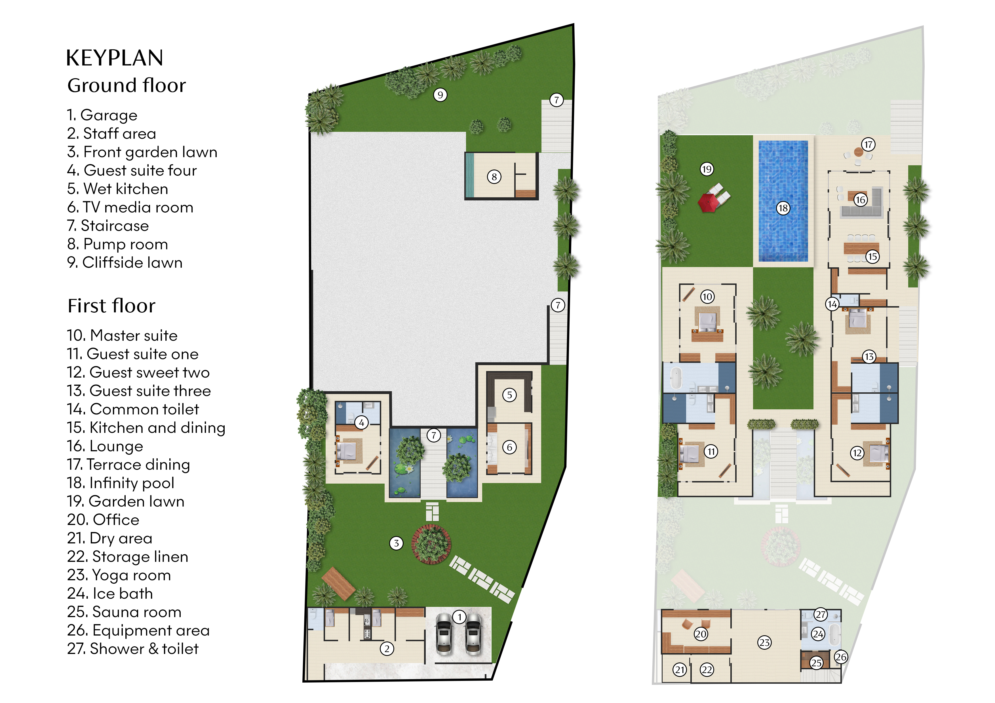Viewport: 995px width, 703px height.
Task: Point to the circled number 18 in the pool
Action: click(783, 208)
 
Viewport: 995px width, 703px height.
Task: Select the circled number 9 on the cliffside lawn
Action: click(440, 95)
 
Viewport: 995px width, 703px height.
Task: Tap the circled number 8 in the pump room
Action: click(494, 177)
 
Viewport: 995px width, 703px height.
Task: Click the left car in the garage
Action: click(444, 635)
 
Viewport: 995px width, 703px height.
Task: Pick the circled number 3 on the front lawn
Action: click(396, 543)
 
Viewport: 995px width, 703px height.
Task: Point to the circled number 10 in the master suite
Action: click(707, 297)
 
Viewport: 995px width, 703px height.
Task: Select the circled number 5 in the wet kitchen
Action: click(510, 395)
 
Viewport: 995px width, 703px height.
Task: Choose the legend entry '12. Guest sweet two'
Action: click(138, 372)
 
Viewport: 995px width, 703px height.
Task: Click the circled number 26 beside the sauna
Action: click(841, 657)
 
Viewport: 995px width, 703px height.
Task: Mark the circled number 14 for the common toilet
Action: click(832, 304)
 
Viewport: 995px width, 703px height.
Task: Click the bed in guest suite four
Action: click(347, 451)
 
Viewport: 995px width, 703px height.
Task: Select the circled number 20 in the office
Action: click(701, 634)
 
